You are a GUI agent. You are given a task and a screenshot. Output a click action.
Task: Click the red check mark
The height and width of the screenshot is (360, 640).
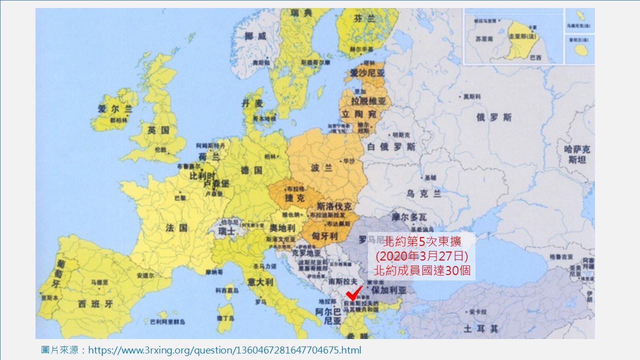[x=353, y=293]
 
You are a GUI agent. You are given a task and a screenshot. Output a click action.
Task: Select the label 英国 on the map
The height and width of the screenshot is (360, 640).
[x=158, y=130]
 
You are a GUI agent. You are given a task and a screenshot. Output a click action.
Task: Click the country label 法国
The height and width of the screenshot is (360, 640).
[x=176, y=228]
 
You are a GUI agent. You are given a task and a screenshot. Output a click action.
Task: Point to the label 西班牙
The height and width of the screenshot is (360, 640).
[x=95, y=303]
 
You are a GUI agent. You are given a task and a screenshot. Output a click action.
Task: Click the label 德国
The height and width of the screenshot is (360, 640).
[x=251, y=170]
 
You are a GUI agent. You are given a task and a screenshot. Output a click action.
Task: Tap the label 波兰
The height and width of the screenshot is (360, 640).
[x=321, y=167]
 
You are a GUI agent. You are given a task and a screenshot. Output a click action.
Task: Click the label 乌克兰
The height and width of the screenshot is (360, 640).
[x=423, y=193]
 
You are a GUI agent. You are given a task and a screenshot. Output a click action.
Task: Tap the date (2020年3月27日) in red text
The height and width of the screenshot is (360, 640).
[x=421, y=256]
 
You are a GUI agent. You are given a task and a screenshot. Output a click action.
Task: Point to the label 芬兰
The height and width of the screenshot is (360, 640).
[x=363, y=18]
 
